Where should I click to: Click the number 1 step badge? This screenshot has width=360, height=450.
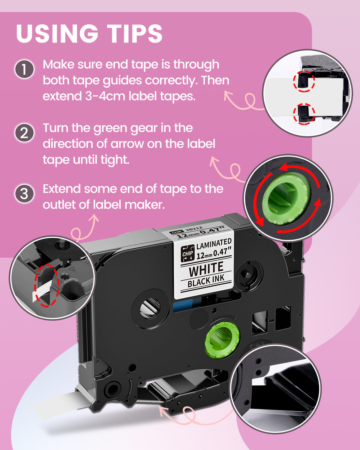(25, 69)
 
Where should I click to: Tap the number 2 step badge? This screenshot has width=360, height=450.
(25, 133)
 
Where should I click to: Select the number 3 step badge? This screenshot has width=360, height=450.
(25, 194)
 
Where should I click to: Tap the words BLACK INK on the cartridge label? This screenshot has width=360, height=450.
(206, 281)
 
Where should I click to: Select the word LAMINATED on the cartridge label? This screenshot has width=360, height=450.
(214, 244)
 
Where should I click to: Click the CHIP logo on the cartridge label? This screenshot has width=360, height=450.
(188, 253)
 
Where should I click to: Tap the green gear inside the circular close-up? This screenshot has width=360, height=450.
(285, 198)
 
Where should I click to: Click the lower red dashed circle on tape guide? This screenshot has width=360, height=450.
(304, 114)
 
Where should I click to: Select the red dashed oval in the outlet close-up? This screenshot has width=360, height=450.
(46, 285)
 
